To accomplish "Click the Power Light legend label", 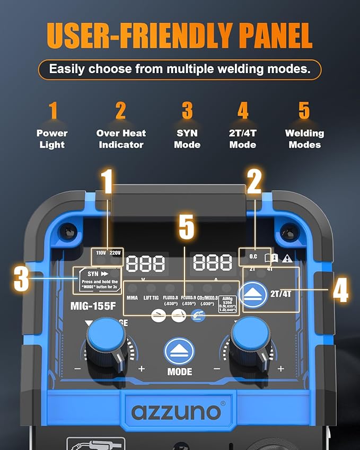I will click(x=52, y=139).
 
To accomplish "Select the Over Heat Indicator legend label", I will click(x=121, y=139).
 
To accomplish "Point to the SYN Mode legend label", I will click(x=187, y=139).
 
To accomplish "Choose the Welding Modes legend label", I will click(x=304, y=139).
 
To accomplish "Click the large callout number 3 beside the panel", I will click(x=22, y=279).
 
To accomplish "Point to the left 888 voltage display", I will click(x=145, y=262).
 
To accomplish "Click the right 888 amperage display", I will click(x=213, y=262).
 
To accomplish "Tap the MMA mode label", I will click(x=132, y=298).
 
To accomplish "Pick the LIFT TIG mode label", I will click(x=151, y=298).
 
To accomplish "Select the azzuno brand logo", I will click(x=176, y=411).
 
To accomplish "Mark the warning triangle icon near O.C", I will click(x=287, y=259).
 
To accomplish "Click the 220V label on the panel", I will click(x=115, y=253).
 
